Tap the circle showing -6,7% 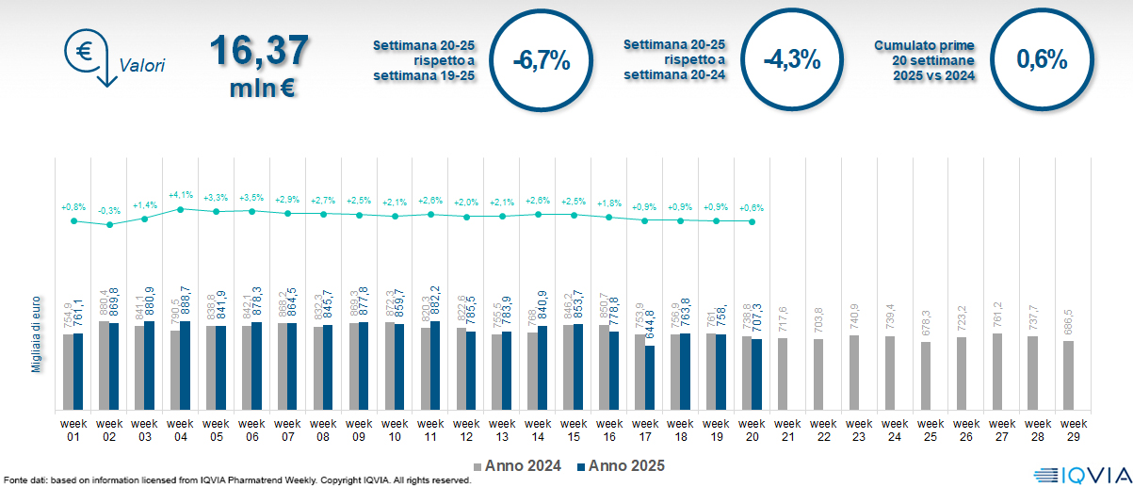[542, 61]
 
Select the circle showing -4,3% [792, 61]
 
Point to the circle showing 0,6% [1042, 60]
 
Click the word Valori [142, 66]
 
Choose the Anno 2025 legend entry [622, 465]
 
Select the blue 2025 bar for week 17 [650, 378]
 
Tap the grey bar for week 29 [1067, 376]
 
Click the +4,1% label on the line [180, 195]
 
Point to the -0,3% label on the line [109, 210]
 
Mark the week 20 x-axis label [752, 430]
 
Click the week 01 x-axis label [73, 430]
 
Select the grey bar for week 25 [926, 376]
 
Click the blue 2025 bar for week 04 [186, 365]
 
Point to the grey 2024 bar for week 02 [104, 365]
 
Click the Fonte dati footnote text [235, 480]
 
